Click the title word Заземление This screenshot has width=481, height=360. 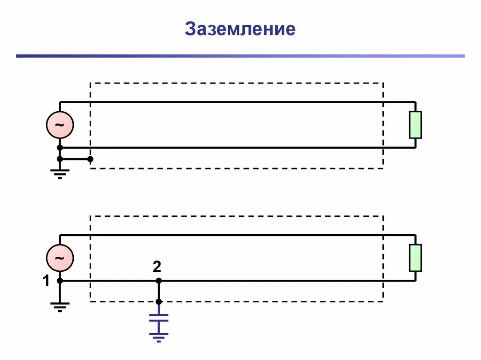pyautogui.click(x=240, y=29)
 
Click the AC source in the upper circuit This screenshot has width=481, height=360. pyautogui.click(x=60, y=125)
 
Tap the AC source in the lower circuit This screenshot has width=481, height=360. pyautogui.click(x=60, y=258)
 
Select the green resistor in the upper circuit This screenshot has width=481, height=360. pyautogui.click(x=415, y=125)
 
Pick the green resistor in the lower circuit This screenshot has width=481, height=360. pyautogui.click(x=415, y=258)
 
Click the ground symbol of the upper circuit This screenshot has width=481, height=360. pyautogui.click(x=60, y=174)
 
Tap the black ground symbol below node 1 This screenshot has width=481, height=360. pyautogui.click(x=60, y=307)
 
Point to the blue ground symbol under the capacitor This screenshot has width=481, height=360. pyautogui.click(x=159, y=336)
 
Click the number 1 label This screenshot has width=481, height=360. pyautogui.click(x=46, y=282)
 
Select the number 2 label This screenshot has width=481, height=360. pyautogui.click(x=157, y=268)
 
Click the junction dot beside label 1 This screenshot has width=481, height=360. pyautogui.click(x=60, y=281)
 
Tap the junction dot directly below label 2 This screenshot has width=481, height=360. pyautogui.click(x=159, y=281)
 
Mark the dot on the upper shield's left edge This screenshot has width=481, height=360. pyautogui.click(x=90, y=159)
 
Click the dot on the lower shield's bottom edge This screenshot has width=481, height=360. pyautogui.click(x=159, y=301)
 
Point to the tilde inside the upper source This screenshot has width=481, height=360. pyautogui.click(x=60, y=125)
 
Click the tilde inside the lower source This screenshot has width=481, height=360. pyautogui.click(x=60, y=258)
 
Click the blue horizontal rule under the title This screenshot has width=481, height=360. pyautogui.click(x=240, y=56)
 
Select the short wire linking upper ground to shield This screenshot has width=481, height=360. pyautogui.click(x=75, y=159)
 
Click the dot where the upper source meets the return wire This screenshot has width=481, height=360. pyautogui.click(x=60, y=148)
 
